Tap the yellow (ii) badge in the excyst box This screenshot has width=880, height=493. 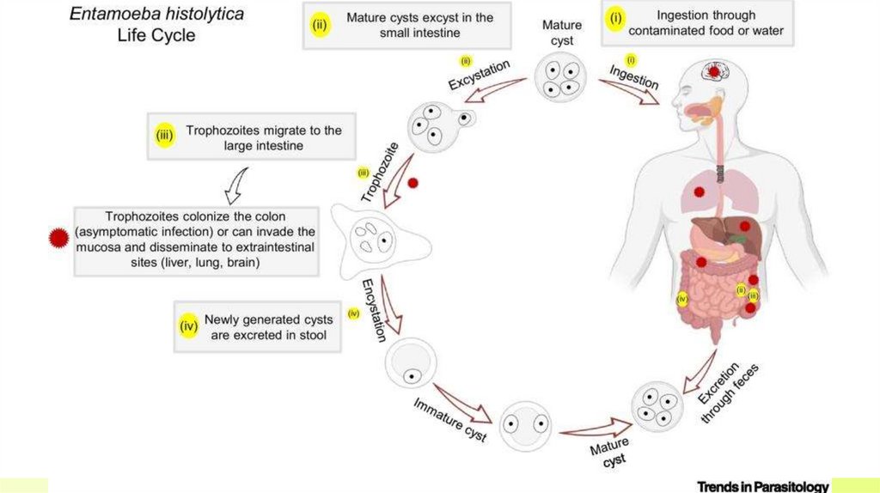point(319,24)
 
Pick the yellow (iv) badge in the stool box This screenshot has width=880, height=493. point(188,326)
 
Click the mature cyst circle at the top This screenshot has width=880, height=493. point(561,76)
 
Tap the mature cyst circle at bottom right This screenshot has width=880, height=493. point(657,406)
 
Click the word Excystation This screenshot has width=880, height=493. point(480,75)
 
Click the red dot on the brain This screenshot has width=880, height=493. point(712,71)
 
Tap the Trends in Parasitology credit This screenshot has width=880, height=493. point(762,486)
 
